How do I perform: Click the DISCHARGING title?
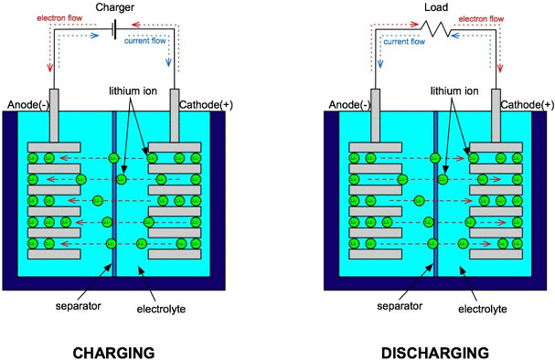point(438,351)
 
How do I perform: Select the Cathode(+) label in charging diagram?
point(208,104)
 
